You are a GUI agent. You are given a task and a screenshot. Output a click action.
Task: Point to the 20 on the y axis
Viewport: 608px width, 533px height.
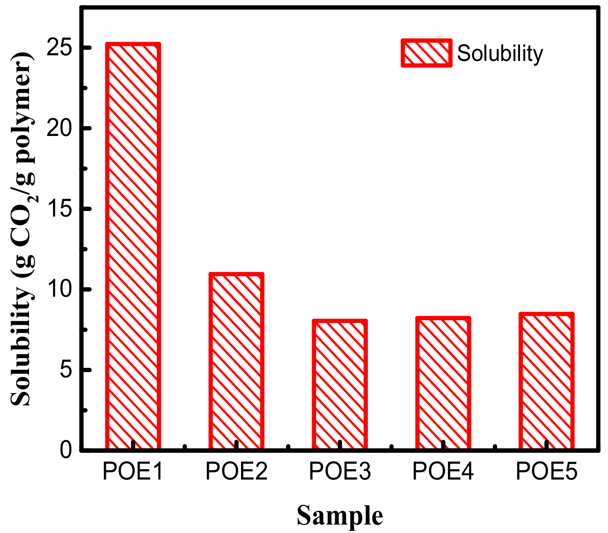[x=59, y=128]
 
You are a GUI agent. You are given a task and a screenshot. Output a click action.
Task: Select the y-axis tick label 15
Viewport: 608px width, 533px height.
[x=59, y=209]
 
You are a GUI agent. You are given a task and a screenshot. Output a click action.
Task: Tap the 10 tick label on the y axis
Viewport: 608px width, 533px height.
[x=59, y=290]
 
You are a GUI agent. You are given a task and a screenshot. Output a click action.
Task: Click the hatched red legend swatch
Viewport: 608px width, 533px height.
[x=426, y=53]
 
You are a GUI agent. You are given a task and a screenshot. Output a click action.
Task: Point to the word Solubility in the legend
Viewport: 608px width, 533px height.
[x=500, y=53]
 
